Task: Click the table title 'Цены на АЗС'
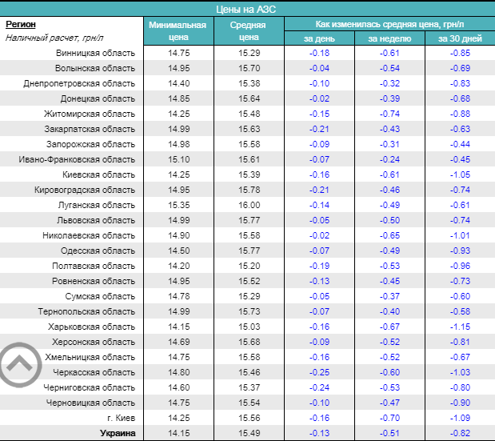pos(247,8)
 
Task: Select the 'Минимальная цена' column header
pos(178,30)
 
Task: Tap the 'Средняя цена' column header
pos(249,30)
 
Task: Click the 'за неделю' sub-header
pos(389,38)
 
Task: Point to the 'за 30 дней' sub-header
pos(460,38)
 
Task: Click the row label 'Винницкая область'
pos(95,53)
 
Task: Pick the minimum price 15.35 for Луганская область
pos(179,205)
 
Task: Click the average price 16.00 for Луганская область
pos(249,205)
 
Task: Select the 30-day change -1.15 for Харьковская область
pos(460,327)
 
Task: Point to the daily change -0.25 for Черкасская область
pos(320,372)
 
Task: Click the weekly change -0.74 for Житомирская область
pos(389,114)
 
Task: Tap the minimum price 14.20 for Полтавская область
pos(179,266)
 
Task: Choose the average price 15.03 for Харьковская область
pos(249,327)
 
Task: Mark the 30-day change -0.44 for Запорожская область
pos(460,144)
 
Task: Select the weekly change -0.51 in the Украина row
pos(389,433)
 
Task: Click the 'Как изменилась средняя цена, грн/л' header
pos(389,24)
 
